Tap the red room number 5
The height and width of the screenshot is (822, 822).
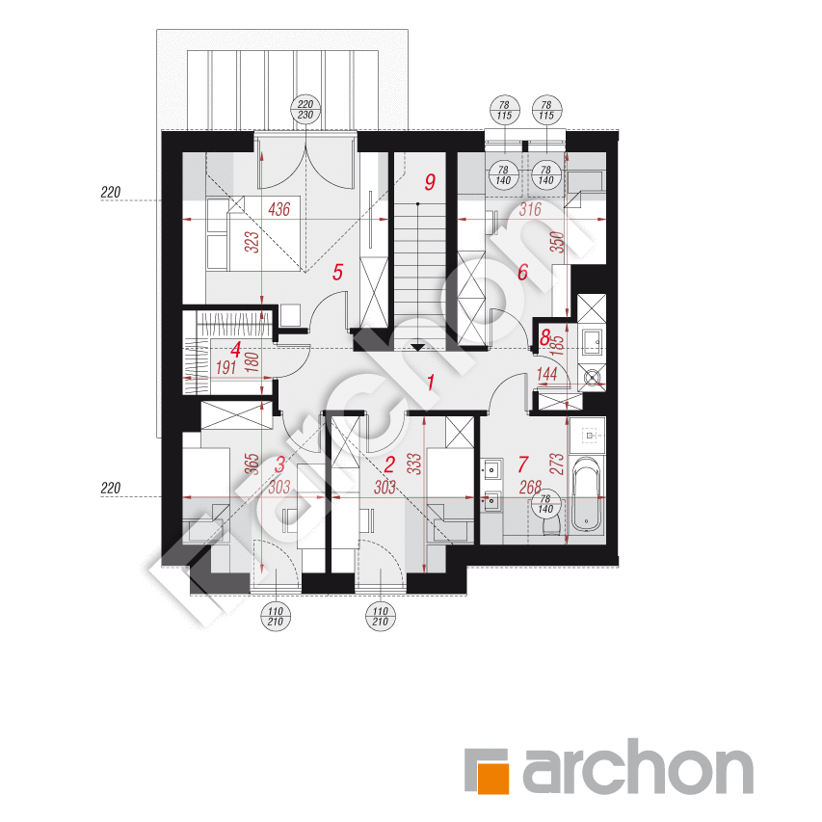point(337,272)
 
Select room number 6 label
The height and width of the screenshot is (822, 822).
point(522,272)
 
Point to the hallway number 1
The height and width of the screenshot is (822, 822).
point(430,383)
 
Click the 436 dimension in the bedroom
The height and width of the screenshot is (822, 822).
point(279,209)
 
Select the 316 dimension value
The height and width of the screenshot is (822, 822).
point(531,209)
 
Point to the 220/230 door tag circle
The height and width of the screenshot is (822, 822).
point(305,110)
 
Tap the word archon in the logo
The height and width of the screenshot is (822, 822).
point(636,771)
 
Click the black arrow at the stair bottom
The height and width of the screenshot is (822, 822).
point(418,347)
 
